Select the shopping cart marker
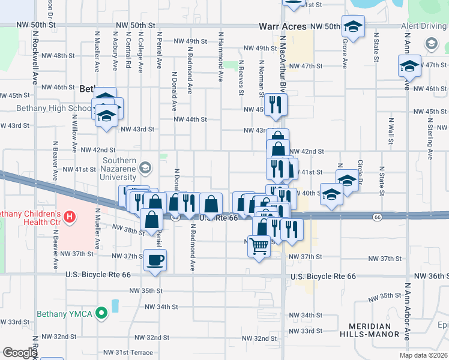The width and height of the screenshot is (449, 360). [259, 245]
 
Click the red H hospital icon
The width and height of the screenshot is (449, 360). [70, 216]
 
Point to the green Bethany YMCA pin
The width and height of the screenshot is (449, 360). [101, 311]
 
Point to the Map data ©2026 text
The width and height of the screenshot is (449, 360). [423, 355]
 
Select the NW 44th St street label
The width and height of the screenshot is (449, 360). [190, 119]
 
